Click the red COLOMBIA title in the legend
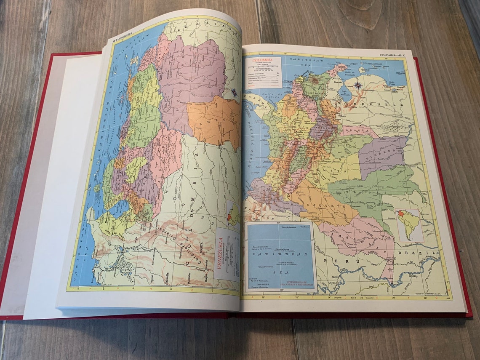(x=262, y=61)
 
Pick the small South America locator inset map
(x=408, y=225)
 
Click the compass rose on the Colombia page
(x=357, y=85)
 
